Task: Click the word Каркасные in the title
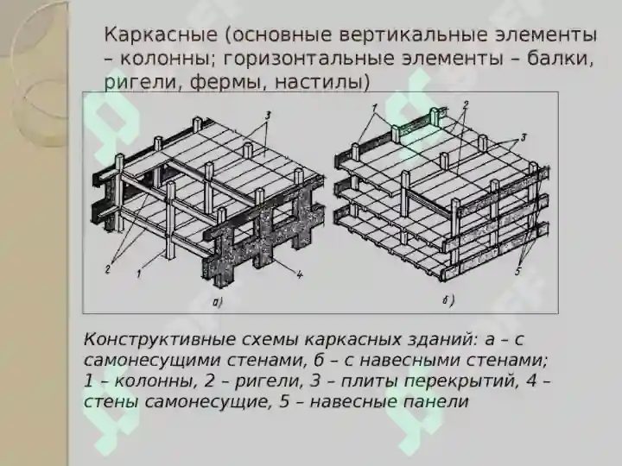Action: point(161,35)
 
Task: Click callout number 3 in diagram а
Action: point(268,116)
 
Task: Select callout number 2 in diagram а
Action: point(107,269)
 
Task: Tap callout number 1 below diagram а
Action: point(138,273)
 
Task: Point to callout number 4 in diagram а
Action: point(300,274)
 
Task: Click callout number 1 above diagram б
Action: point(374,108)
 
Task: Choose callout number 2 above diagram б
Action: point(466,104)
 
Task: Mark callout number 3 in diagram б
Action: point(524,137)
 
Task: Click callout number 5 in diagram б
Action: point(518,272)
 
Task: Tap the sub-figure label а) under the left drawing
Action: point(218,303)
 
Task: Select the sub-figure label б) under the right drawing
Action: point(448,301)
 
